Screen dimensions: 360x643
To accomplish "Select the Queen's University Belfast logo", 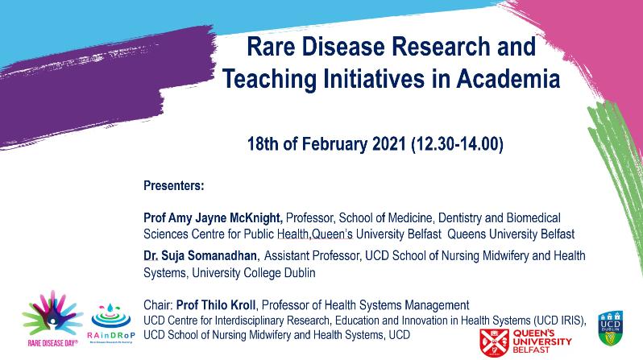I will coord(529,338).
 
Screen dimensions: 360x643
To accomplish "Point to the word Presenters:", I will coord(173,186).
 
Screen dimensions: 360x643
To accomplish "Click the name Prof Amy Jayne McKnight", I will coord(212,219).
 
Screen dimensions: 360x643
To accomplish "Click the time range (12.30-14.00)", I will coord(457,145).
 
